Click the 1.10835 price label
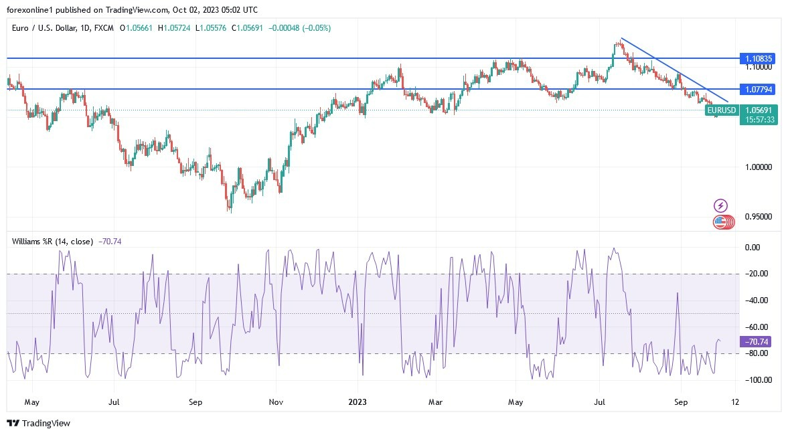click(759, 59)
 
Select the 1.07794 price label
click(759, 89)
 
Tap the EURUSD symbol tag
click(722, 110)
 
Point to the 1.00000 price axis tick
click(759, 167)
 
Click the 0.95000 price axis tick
click(759, 217)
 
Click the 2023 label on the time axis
click(358, 403)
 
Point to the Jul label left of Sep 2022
click(114, 403)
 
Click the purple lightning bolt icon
click(720, 205)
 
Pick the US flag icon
click(720, 222)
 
